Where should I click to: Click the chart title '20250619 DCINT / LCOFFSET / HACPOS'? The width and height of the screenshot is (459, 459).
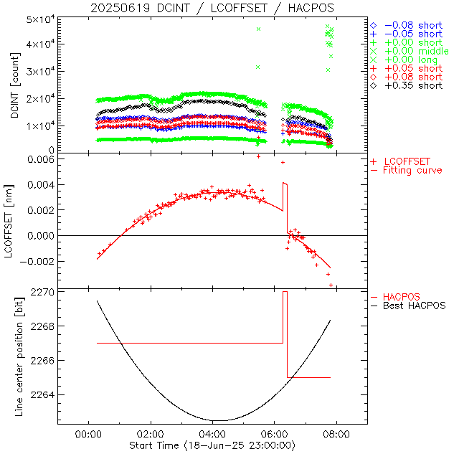[212, 8]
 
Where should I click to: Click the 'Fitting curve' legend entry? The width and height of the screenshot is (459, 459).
[412, 170]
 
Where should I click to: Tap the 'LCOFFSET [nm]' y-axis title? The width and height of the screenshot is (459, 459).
[15, 222]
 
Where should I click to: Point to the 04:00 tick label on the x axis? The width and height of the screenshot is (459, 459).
[212, 435]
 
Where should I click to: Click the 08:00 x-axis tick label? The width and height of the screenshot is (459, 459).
[336, 435]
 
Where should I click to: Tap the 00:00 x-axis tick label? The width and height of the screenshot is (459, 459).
[87, 435]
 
